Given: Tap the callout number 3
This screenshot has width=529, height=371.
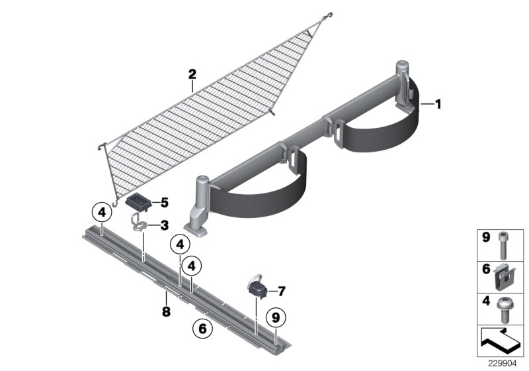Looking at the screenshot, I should (163, 225).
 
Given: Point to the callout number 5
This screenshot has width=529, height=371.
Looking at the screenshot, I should (165, 201).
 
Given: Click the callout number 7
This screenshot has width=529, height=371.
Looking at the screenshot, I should (281, 290).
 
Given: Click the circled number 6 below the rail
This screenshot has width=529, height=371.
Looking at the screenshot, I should (202, 327).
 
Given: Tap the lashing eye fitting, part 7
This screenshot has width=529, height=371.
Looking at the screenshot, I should (257, 288).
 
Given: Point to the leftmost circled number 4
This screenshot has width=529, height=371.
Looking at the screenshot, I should (101, 213).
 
